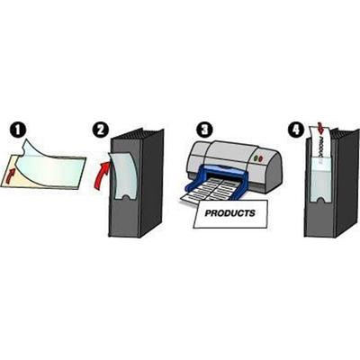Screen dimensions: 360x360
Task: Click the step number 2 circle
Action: pyautogui.click(x=100, y=130)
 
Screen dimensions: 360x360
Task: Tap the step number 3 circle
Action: pyautogui.click(x=204, y=130)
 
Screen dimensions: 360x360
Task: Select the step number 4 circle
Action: pyautogui.click(x=296, y=130)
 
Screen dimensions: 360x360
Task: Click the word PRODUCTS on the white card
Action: pyautogui.click(x=229, y=213)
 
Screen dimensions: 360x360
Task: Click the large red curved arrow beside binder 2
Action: pyautogui.click(x=102, y=175)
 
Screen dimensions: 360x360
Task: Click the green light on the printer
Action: pyautogui.click(x=256, y=157)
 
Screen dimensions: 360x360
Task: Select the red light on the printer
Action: pyautogui.click(x=261, y=158)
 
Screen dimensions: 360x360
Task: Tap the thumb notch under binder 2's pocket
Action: pyautogui.click(x=127, y=197)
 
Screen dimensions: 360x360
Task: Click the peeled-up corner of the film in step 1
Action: pyautogui.click(x=27, y=146)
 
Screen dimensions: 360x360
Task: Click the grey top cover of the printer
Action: pyautogui.click(x=228, y=150)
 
